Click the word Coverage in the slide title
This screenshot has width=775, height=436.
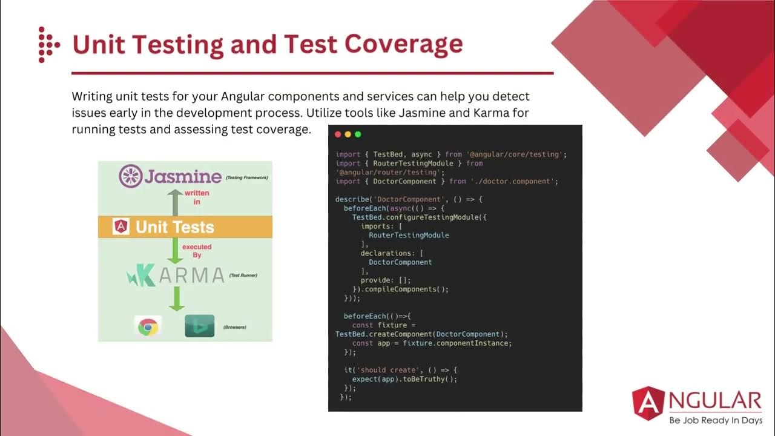click(x=404, y=44)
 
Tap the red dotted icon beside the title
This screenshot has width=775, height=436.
click(x=48, y=44)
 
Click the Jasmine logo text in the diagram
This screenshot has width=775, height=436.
click(x=182, y=176)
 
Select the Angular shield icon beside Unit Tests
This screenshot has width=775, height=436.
click(x=121, y=227)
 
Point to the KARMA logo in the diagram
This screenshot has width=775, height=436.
click(x=176, y=276)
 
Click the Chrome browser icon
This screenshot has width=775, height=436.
click(x=148, y=328)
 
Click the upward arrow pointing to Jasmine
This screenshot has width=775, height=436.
click(x=175, y=202)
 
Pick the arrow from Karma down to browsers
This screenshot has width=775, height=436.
click(x=176, y=299)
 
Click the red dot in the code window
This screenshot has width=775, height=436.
click(x=338, y=134)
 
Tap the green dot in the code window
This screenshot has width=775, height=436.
click(x=358, y=134)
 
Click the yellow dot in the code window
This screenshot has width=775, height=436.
click(x=348, y=134)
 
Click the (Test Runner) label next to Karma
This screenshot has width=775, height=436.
click(x=243, y=276)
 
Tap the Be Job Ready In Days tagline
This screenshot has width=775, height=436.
click(x=715, y=420)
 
